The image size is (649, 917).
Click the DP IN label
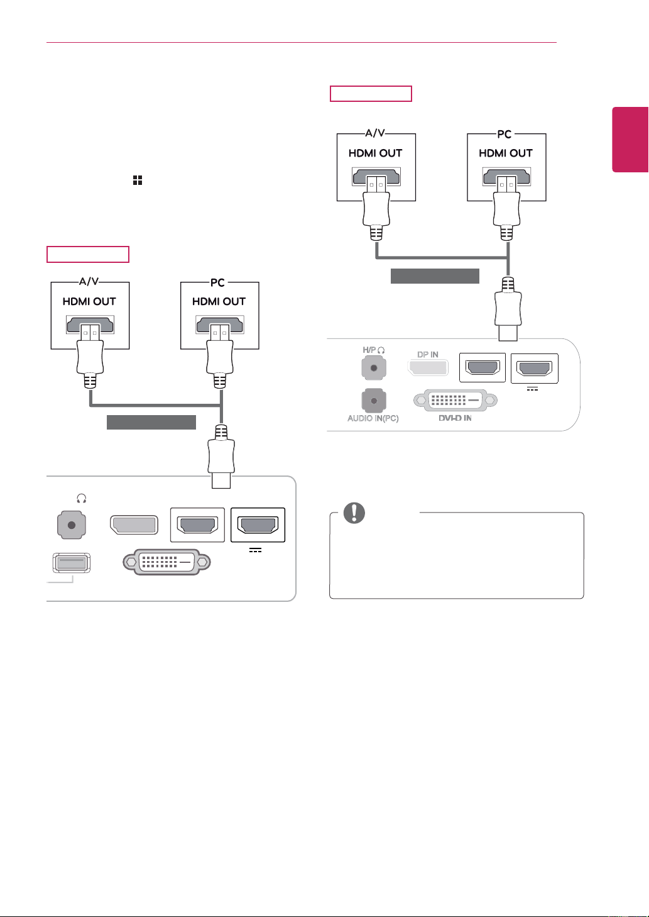coord(427,355)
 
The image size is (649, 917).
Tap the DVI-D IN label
coord(455,418)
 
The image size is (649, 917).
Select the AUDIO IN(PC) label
coord(373,418)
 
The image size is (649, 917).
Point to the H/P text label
coord(369,350)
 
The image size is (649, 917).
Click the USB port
coord(72,562)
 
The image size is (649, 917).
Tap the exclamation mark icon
coord(354,513)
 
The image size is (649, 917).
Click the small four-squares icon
coord(138,180)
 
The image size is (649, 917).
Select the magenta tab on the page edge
coord(630,140)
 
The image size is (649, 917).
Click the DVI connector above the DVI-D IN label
coord(455,400)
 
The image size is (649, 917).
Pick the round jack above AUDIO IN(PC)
coord(374,401)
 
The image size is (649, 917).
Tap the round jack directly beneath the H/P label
coord(374,368)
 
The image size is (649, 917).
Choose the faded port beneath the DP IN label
coord(428,367)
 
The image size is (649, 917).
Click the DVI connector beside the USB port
coord(167,562)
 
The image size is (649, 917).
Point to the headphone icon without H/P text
coord(82,498)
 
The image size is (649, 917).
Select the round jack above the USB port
coord(72,525)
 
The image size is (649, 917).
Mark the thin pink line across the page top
coord(302,42)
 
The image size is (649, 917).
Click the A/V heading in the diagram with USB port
coord(89,281)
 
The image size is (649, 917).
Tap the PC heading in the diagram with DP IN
coord(504,134)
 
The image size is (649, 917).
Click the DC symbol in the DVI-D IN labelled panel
coord(532,389)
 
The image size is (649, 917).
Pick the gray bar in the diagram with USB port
coord(151,422)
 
